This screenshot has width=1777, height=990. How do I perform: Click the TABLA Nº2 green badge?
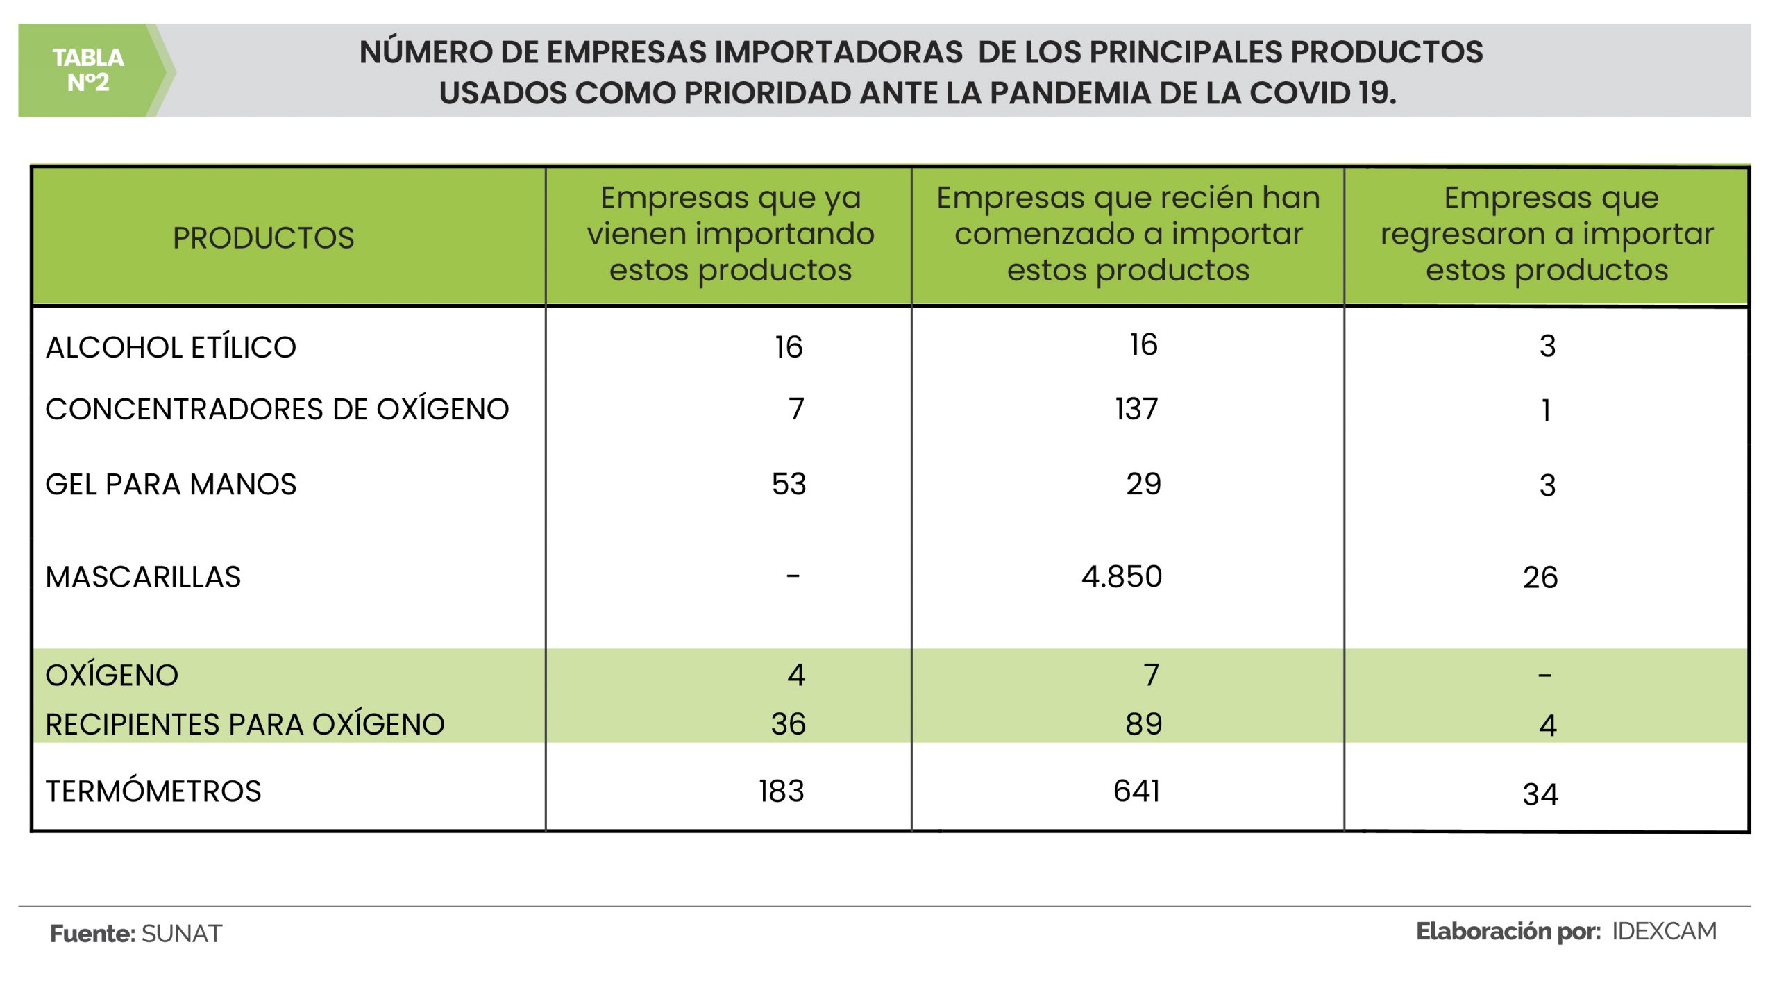pos(89,70)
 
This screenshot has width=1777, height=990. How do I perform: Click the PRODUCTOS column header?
pos(263,238)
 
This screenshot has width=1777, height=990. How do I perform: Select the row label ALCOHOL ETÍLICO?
pos(171,347)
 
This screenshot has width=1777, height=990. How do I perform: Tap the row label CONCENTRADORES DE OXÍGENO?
pos(277,409)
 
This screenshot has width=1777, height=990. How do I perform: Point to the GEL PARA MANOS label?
pos(171,484)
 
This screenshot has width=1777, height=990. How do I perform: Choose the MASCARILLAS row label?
pos(143,577)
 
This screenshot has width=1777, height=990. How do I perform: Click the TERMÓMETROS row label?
pos(153,791)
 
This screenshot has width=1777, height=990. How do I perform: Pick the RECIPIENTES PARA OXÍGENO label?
pos(244,725)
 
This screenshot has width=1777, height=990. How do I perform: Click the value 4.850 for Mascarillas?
pos(1122,577)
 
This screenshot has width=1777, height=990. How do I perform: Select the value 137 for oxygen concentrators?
pos(1136,409)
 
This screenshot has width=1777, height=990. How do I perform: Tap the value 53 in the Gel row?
pos(789,484)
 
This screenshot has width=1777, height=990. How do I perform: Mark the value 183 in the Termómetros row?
pos(781,791)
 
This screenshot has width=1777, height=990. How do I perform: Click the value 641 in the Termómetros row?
pos(1136,791)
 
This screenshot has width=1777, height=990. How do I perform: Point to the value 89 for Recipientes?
pos(1143,725)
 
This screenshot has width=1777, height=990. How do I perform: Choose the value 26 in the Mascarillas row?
pos(1540,578)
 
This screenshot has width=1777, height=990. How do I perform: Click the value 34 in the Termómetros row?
pos(1540,794)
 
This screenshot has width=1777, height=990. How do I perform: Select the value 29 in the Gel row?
pos(1143,484)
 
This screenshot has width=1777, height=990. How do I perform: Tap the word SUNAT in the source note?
pos(181,934)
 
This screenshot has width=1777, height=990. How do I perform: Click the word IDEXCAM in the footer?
pos(1664,932)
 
